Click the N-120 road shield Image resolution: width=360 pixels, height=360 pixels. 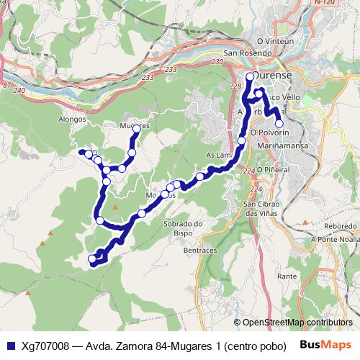coord(325,4)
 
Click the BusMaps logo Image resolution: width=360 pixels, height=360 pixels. coord(325,344)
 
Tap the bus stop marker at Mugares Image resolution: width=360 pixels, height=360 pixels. coord(136,129)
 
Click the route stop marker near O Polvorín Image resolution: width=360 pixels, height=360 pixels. coord(279,123)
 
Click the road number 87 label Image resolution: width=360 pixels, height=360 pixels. coord(7,86)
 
